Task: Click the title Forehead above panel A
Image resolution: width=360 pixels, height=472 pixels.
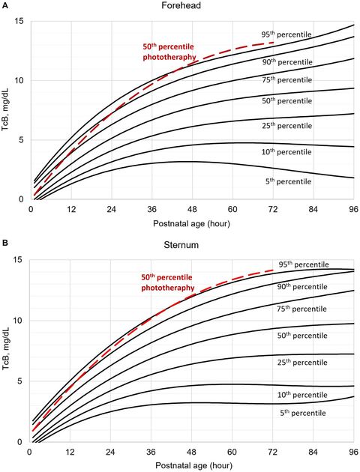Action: tap(180, 6)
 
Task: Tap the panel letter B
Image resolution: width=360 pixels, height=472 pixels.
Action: tap(4, 243)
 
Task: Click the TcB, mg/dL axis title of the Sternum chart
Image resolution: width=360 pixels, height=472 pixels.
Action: tap(7, 351)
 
